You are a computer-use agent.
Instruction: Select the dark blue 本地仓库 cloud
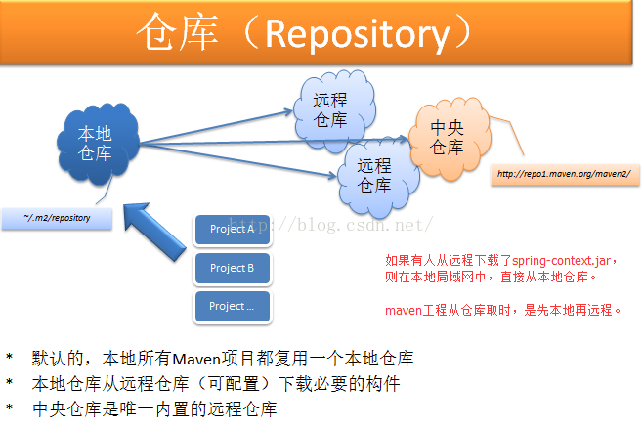coord(95,145)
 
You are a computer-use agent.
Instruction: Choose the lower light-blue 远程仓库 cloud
coord(374,174)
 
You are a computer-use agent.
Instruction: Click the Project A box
coord(232,230)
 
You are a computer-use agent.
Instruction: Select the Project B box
coord(232,268)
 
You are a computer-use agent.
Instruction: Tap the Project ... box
coord(232,307)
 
